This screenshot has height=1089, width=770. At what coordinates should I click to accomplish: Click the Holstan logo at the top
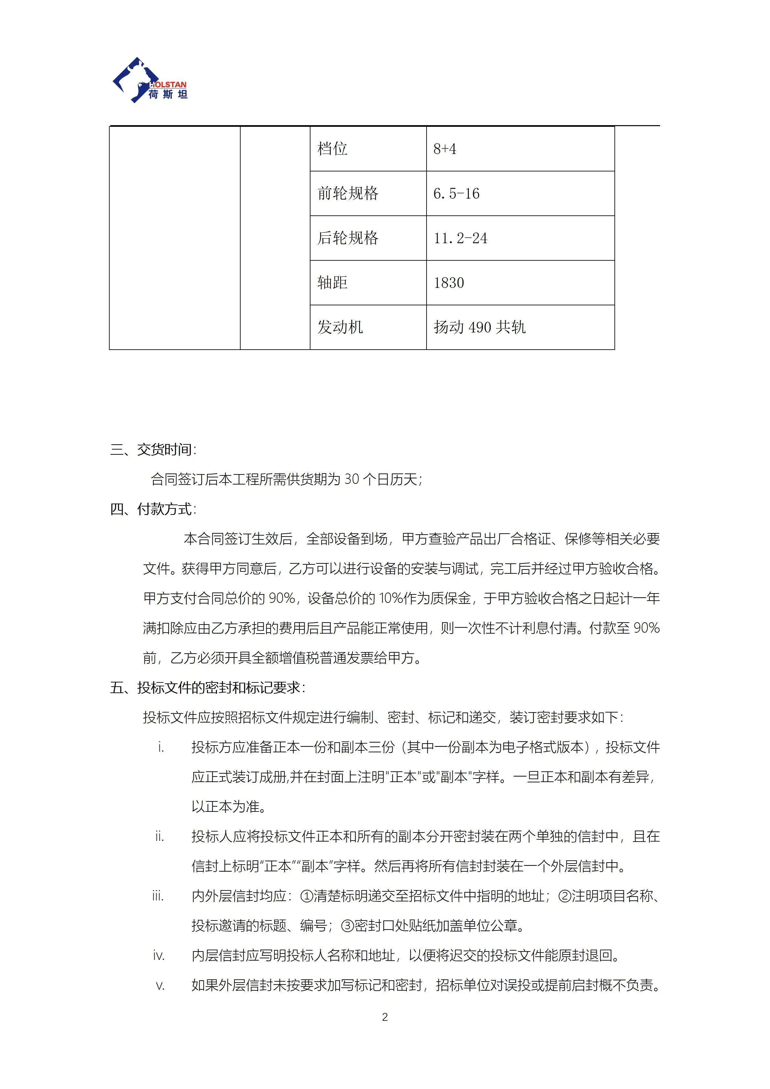tap(150, 80)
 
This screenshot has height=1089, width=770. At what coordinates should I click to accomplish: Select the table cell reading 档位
tap(332, 149)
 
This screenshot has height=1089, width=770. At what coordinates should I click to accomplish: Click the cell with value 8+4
tap(445, 149)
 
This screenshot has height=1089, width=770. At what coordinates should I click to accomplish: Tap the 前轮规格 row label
tap(348, 193)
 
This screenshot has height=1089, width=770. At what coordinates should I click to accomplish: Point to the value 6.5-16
tap(456, 193)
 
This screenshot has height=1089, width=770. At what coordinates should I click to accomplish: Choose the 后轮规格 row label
tap(348, 238)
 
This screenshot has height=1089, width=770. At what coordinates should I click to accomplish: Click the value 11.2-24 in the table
tap(460, 238)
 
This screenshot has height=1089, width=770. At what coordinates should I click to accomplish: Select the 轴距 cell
tap(332, 283)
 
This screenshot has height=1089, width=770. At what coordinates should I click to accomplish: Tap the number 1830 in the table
tap(449, 283)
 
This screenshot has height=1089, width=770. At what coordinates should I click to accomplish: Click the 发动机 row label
tap(340, 327)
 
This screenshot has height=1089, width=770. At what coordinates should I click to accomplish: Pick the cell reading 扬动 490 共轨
tap(479, 327)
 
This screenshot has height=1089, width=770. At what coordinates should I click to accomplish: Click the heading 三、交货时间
tap(153, 450)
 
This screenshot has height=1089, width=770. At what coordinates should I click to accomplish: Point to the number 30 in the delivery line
tap(351, 480)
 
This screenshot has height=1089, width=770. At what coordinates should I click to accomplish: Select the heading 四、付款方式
tap(153, 509)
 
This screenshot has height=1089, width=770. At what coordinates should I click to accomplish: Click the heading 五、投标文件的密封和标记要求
tap(207, 688)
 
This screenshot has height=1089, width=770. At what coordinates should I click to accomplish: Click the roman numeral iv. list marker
tap(158, 956)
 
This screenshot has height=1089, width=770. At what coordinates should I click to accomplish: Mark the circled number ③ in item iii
tap(348, 926)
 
